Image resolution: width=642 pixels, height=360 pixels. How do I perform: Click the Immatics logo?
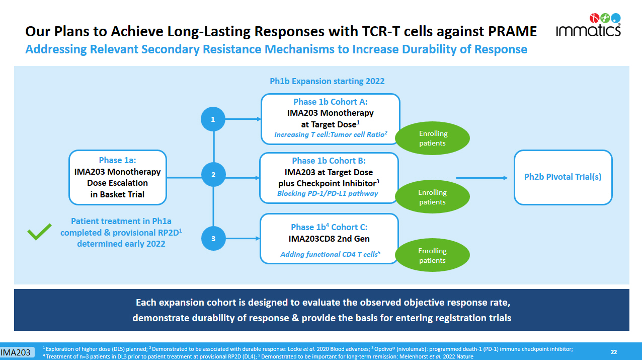tap(588, 25)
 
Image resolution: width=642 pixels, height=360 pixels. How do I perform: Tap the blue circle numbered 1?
tap(213, 120)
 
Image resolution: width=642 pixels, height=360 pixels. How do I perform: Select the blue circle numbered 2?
tap(213, 175)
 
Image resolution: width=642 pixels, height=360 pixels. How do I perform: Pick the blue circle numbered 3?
tap(213, 239)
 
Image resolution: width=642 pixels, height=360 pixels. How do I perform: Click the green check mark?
tap(39, 233)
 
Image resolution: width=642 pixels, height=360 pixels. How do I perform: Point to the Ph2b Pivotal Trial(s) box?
tap(563, 177)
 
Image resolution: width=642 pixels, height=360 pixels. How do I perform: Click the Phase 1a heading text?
tap(117, 160)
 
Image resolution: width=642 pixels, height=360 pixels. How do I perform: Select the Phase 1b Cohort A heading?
tap(330, 102)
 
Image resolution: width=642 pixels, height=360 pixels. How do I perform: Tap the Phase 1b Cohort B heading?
tap(329, 161)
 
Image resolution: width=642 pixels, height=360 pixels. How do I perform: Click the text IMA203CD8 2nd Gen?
tap(330, 238)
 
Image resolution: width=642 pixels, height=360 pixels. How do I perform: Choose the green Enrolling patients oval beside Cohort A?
tap(433, 138)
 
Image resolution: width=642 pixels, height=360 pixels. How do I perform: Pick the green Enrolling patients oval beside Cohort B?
tap(433, 197)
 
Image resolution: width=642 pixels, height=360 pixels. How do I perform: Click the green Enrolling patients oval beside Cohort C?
tap(433, 255)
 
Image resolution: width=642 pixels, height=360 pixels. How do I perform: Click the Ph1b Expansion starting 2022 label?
tap(327, 81)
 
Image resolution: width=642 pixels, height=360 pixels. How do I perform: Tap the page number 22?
tap(614, 352)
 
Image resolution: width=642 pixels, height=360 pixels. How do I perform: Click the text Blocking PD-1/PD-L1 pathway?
tap(328, 193)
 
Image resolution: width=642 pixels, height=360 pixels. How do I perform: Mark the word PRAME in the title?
tap(512, 32)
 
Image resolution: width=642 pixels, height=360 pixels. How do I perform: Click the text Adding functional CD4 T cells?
tap(328, 254)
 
